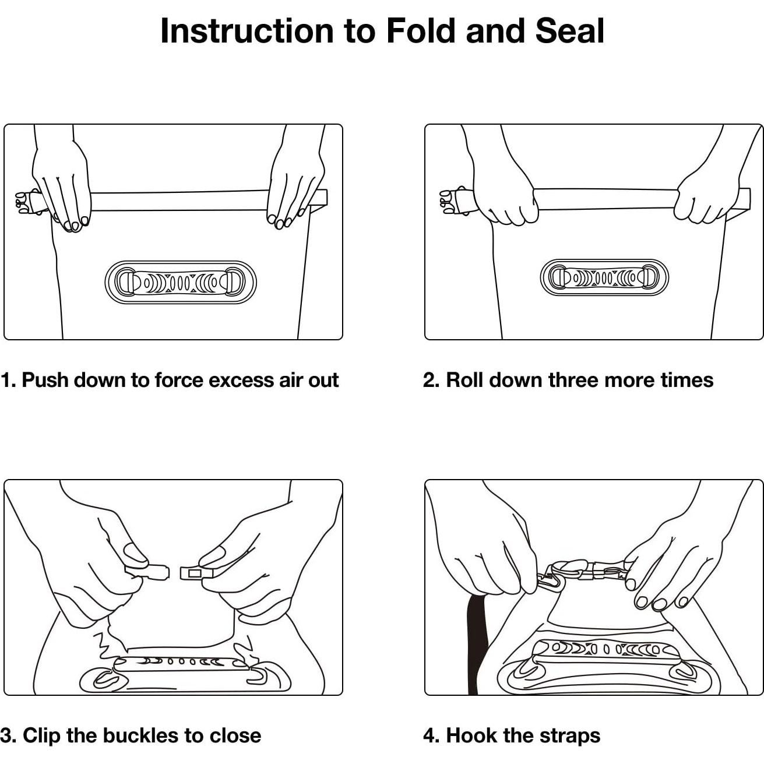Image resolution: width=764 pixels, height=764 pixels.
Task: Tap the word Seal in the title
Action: [570, 31]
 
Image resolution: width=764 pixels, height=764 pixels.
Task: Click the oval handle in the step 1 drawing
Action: [181, 283]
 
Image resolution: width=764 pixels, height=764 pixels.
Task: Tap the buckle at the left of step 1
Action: [29, 202]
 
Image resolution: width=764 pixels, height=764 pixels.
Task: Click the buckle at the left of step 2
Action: [452, 202]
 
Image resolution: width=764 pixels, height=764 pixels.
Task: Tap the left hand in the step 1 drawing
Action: [61, 182]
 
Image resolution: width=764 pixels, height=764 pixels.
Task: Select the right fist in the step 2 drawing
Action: [701, 200]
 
